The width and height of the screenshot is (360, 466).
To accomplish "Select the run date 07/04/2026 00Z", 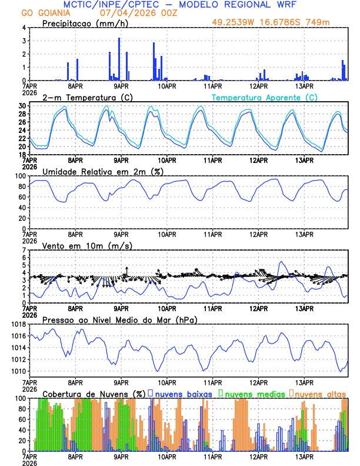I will click(x=131, y=13).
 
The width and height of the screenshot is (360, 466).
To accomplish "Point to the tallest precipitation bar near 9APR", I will click(x=119, y=59).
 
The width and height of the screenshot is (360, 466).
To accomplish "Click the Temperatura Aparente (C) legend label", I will click(x=265, y=97).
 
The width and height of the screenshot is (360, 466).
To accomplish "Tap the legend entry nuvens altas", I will click(x=320, y=393).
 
